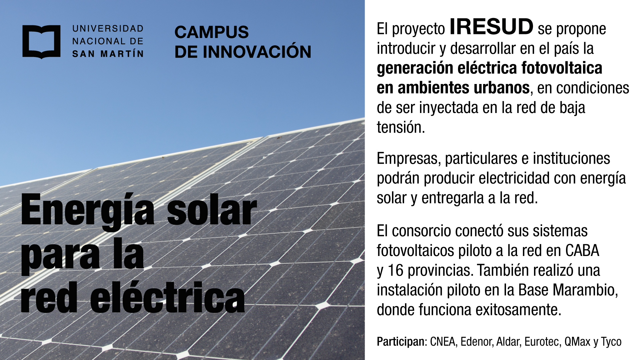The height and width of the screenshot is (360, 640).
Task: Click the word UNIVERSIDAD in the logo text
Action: click(108, 29)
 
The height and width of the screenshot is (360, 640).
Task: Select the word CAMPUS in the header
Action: click(212, 32)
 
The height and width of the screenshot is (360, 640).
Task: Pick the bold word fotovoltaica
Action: click(562, 68)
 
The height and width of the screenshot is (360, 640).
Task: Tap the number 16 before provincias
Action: click(395, 270)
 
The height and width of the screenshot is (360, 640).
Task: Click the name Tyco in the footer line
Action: click(611, 342)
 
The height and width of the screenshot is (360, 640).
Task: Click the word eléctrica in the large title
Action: click(168, 297)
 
